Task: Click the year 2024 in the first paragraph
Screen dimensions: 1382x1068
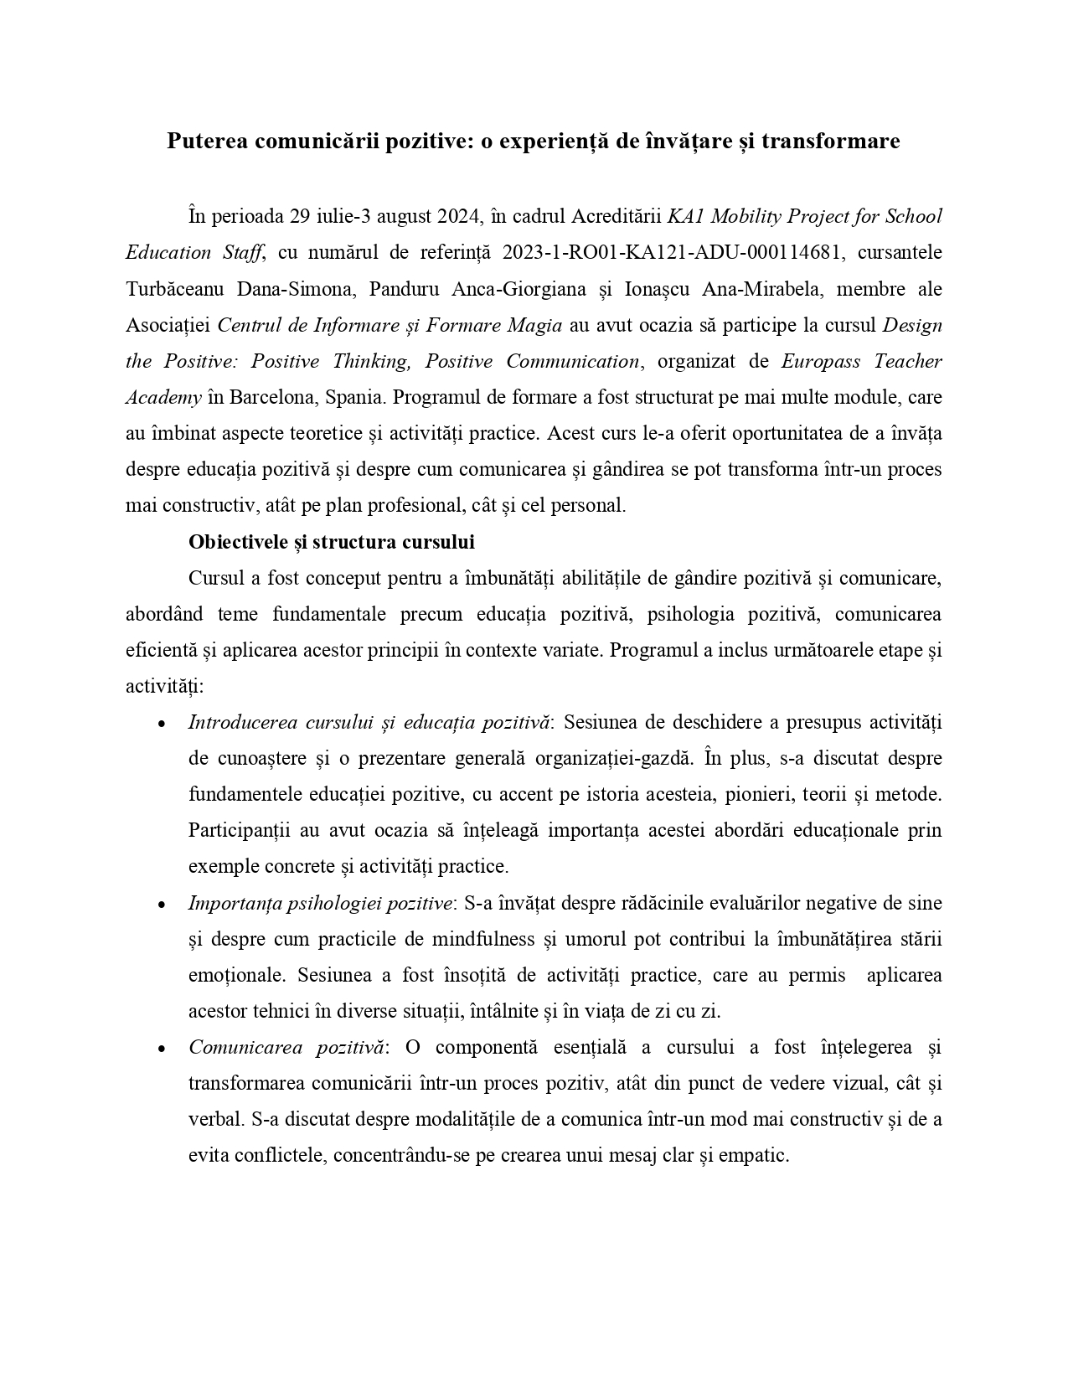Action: tap(457, 217)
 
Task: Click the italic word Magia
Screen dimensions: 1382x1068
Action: tap(534, 325)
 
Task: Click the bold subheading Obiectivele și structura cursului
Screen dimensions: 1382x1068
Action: tap(332, 542)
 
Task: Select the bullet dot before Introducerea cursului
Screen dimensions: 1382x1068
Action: tap(161, 724)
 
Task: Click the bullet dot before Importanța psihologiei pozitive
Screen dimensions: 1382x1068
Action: tap(161, 905)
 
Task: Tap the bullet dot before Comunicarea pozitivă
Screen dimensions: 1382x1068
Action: tap(161, 1049)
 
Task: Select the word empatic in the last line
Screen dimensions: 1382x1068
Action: tap(757, 1156)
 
